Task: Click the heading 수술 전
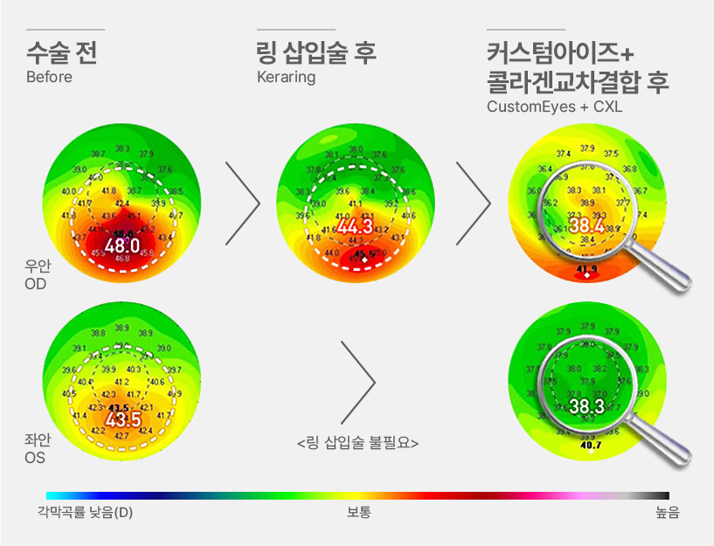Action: pos(61,52)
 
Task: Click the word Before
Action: pos(49,77)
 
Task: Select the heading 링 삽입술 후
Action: pos(316,52)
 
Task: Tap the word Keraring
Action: pos(286,77)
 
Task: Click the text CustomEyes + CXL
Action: pos(555,107)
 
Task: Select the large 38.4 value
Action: pos(586,225)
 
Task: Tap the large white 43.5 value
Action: pos(122,420)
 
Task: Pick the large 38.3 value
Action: pos(586,406)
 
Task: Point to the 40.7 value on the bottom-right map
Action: pos(591,446)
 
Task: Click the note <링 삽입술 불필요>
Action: pos(357,443)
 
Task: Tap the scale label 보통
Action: pos(358,512)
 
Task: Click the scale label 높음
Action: pos(667,512)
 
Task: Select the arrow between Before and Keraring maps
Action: pos(242,203)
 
